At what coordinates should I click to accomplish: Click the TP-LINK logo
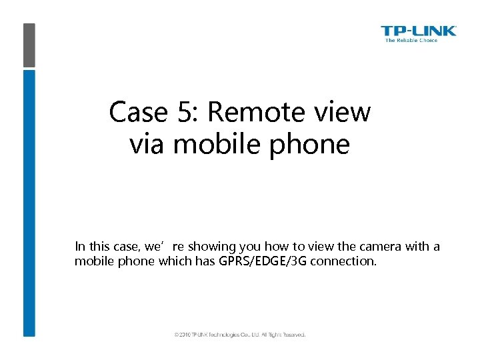pos(419,31)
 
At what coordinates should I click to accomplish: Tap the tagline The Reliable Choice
pos(411,41)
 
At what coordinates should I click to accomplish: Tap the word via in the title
pos(148,143)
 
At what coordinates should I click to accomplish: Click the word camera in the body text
pos(377,247)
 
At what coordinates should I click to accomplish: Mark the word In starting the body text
pos(79,247)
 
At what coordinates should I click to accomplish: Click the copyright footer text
pos(239,335)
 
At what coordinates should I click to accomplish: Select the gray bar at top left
pos(29,45)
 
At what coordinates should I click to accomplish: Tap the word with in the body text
pos(419,247)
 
